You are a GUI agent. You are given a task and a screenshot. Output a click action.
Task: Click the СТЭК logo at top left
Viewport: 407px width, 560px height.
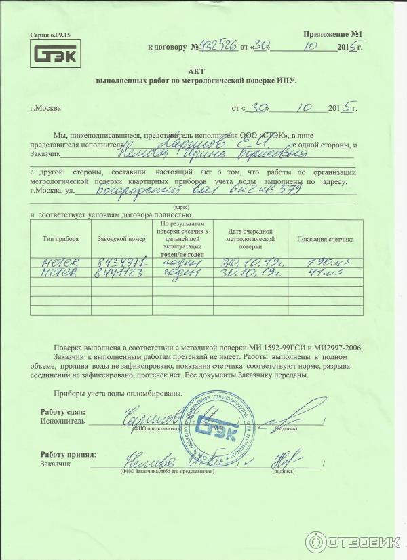pyautogui.click(x=56, y=54)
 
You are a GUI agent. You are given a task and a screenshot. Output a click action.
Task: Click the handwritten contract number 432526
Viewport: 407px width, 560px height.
pyautogui.click(x=216, y=47)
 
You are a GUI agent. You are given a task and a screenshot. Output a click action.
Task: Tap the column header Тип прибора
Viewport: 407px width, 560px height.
pyautogui.click(x=60, y=239)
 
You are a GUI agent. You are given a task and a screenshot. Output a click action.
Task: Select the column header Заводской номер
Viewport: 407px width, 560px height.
pyautogui.click(x=121, y=239)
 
